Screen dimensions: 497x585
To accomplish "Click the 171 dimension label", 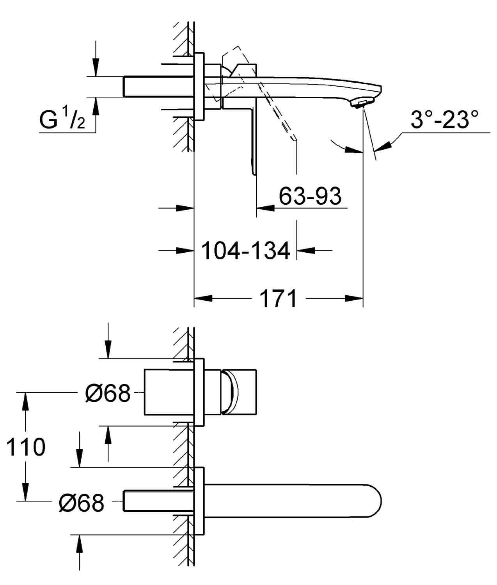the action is pyautogui.click(x=278, y=299).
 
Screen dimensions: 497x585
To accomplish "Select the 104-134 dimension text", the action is pyautogui.click(x=246, y=250).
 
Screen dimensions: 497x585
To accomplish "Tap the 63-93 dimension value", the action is pyautogui.click(x=310, y=196).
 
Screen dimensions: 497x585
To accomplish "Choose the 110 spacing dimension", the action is pyautogui.click(x=26, y=447).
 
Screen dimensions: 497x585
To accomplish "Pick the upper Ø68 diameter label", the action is pyautogui.click(x=108, y=393).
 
